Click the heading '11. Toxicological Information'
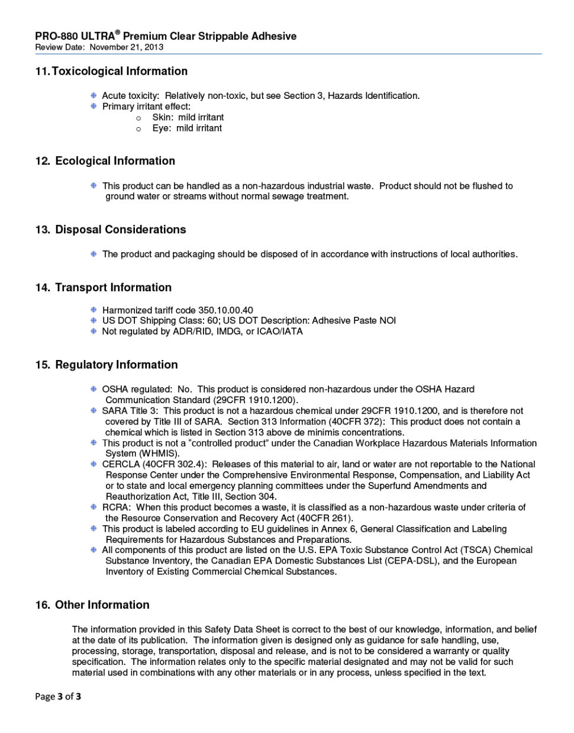111,72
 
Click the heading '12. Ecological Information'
105,161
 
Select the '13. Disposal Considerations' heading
110,230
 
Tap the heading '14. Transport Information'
103,288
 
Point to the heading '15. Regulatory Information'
106,365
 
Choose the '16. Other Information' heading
92,605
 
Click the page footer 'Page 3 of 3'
58,696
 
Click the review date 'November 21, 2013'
127,47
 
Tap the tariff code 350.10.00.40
225,310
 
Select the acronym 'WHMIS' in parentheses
158,454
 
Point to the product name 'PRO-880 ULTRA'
75,37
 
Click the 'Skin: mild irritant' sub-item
188,117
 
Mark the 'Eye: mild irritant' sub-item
187,128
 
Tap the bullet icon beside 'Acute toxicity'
93,95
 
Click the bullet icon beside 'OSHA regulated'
93,389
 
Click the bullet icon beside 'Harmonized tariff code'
93,310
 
